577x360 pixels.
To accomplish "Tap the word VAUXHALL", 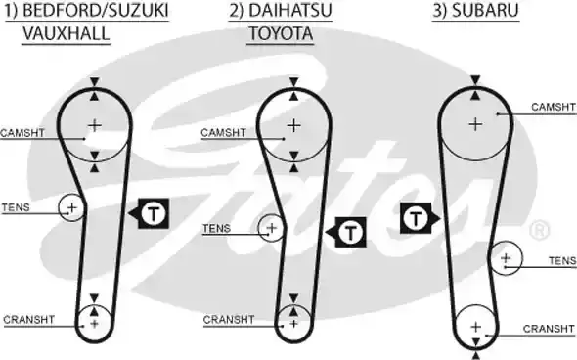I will click(x=66, y=33).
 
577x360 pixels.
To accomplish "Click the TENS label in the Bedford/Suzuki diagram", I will click(x=17, y=207).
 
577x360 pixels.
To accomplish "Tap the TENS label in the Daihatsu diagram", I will click(x=216, y=229).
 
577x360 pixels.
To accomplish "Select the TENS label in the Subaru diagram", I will click(x=561, y=260).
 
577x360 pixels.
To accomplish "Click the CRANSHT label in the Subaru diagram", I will click(x=547, y=329).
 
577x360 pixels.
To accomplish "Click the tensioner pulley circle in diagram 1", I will click(x=71, y=206).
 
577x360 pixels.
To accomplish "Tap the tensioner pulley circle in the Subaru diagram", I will click(x=506, y=258).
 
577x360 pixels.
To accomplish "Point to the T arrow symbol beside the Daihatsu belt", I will click(x=347, y=231).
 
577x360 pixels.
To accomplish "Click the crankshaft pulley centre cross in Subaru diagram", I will click(x=475, y=326).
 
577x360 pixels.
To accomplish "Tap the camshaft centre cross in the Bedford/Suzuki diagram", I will click(x=95, y=124).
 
